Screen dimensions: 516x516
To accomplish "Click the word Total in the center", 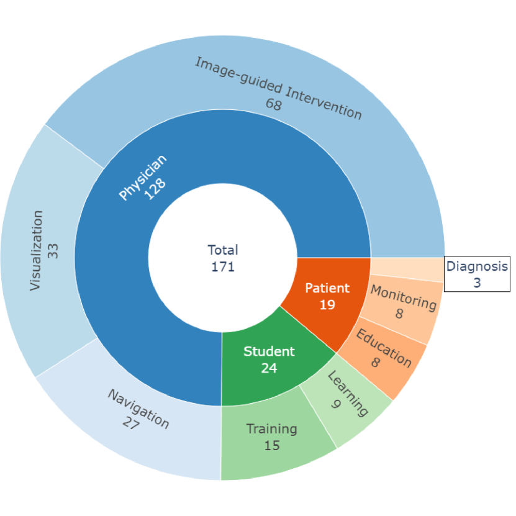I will click(223, 250).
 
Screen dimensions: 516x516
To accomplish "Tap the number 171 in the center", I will click(223, 267).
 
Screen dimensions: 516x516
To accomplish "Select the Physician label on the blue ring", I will click(143, 178).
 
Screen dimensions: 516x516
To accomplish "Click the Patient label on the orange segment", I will click(327, 288).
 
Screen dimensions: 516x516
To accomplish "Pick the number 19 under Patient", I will click(327, 305).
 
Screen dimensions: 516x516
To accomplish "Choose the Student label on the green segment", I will click(269, 351).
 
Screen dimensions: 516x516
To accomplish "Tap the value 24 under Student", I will click(269, 368).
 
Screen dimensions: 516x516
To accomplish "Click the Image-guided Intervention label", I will click(278, 88).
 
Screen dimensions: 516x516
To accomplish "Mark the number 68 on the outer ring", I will click(273, 104).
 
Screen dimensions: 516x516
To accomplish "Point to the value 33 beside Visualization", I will click(53, 250).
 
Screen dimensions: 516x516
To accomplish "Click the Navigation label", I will click(138, 409).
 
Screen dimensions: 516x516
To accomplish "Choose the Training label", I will click(271, 428).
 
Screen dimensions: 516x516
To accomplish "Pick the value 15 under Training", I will click(271, 445).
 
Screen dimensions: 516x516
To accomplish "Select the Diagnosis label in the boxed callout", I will click(477, 267).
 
